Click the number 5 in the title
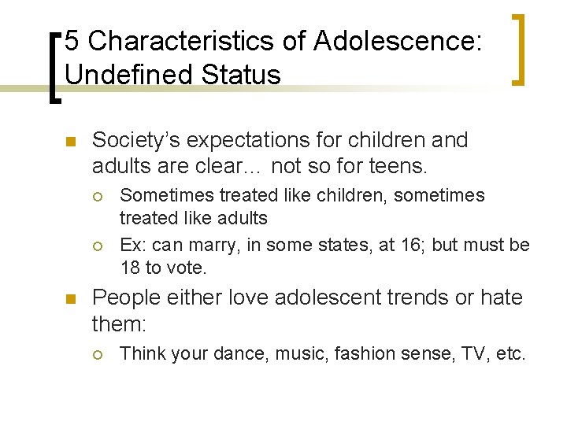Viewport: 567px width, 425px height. coord(72,41)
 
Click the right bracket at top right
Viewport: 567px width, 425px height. coord(520,49)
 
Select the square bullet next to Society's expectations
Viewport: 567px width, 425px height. coord(69,142)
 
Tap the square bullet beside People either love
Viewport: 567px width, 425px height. coord(69,299)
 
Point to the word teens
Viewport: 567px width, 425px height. coord(400,166)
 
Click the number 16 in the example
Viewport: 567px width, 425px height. coord(412,245)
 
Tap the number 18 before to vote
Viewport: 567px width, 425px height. coord(131,268)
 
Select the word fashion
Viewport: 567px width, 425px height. coord(368,353)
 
